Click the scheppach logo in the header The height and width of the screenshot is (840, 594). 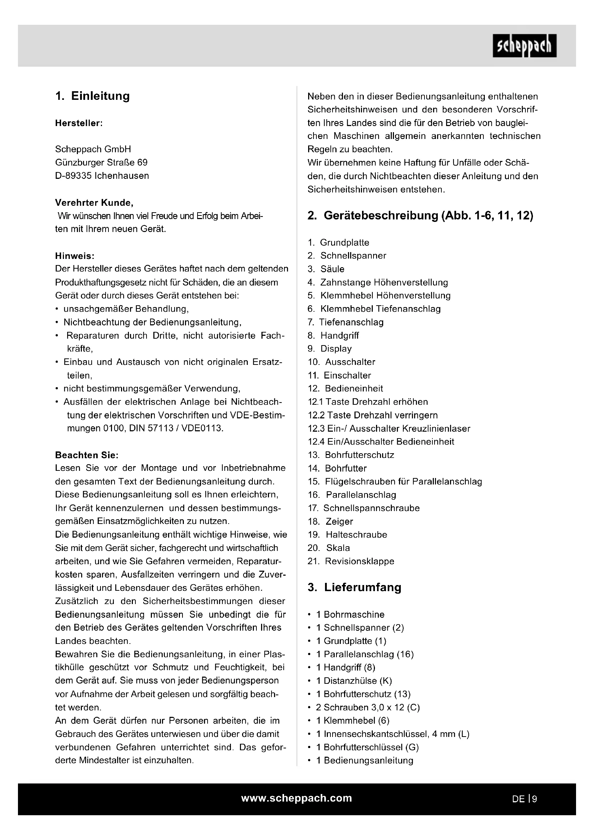coord(524,46)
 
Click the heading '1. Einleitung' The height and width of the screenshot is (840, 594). coord(93,96)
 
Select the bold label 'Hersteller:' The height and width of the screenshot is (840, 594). coord(79,123)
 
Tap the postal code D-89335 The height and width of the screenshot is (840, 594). coord(74,176)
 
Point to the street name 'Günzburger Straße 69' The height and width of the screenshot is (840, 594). coord(101,162)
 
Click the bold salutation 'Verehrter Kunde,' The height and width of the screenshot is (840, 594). coord(94,203)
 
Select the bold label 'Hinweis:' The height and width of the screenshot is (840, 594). coord(75,256)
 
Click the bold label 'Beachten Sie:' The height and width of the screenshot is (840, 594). coord(87,455)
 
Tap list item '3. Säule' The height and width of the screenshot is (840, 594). coord(326,269)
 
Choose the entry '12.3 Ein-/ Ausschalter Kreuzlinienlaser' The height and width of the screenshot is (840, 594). coord(389,428)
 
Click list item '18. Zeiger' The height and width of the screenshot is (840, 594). coord(330,522)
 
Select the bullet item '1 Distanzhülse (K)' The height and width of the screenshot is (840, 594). coord(354,681)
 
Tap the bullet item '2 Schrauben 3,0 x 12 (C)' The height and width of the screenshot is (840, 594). coord(368,707)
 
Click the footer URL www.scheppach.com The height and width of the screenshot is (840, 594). coord(296,798)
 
